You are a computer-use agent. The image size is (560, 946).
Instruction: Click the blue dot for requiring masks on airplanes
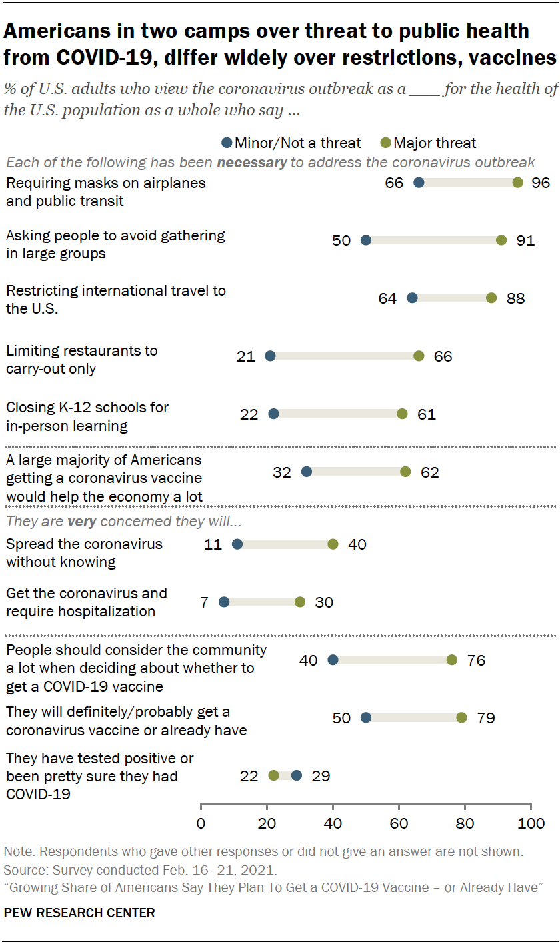coord(419,183)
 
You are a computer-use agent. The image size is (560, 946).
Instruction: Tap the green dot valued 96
coord(518,183)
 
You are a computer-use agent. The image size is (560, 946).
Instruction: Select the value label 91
coord(525,240)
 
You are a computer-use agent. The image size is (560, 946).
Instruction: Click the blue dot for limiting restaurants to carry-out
coord(270,356)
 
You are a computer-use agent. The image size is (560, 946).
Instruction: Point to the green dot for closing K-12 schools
coord(402,414)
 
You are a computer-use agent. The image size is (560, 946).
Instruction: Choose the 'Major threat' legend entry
coord(428,143)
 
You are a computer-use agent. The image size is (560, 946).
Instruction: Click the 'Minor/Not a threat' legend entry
coord(291,143)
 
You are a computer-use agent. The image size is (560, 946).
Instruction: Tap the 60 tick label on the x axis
coord(399,823)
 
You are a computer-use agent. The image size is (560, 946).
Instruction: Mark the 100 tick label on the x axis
coord(531,823)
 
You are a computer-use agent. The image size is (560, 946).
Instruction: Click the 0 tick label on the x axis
coord(201,823)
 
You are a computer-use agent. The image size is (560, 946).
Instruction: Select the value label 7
coord(204,602)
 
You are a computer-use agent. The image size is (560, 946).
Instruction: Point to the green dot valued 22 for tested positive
coord(273,775)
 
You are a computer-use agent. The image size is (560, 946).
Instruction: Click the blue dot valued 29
coord(297,775)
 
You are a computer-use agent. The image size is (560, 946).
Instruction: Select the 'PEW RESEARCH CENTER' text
coord(79,913)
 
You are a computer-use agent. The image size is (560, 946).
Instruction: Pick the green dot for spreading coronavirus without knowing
coord(333,544)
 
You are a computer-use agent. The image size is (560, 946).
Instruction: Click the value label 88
coord(515,298)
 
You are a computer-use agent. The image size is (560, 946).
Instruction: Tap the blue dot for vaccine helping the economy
coord(307,472)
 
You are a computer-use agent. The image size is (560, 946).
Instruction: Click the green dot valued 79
coord(462,717)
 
